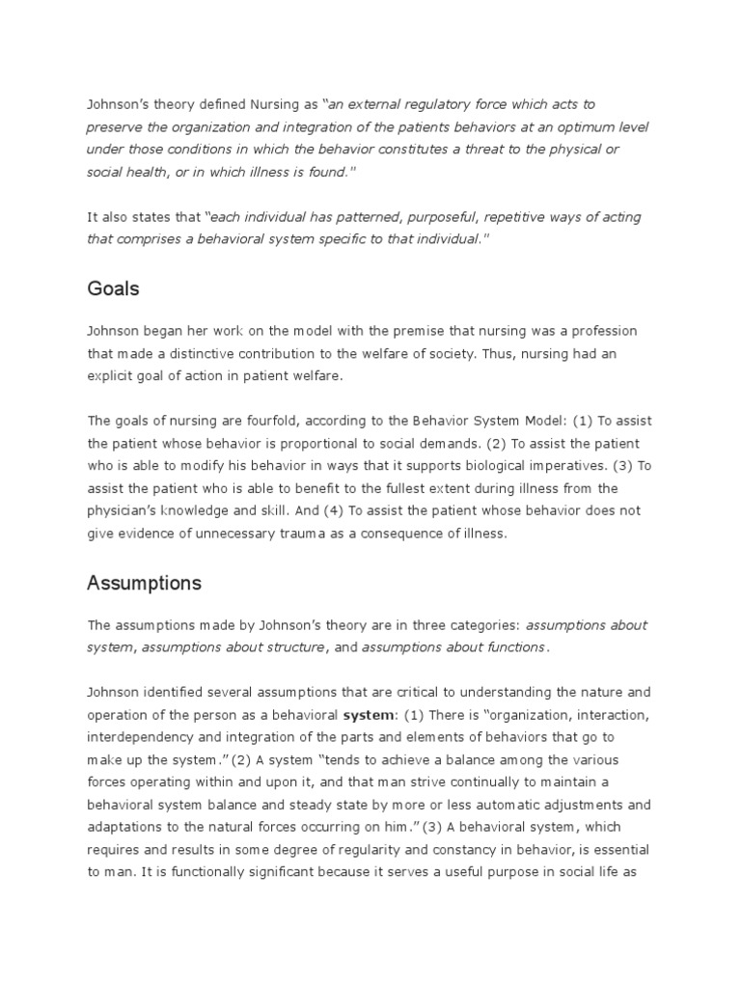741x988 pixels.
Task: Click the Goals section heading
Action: point(113,288)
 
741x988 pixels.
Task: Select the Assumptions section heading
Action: point(144,583)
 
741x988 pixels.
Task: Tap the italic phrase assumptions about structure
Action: point(233,647)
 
